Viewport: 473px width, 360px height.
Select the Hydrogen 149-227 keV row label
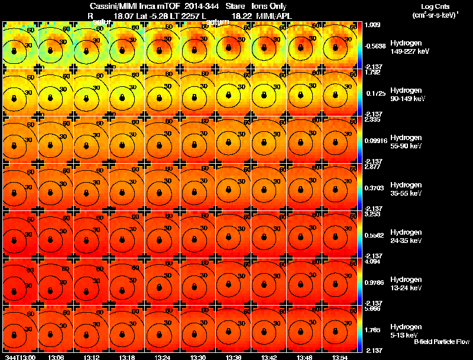point(409,47)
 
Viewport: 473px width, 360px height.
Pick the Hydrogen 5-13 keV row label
point(406,330)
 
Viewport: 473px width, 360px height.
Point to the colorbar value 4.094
point(372,261)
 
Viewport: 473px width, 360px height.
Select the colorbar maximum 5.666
point(372,309)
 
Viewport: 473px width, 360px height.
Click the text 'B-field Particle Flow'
point(441,342)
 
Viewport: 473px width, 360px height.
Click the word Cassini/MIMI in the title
point(111,5)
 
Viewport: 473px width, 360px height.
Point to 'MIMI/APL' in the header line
point(274,15)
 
